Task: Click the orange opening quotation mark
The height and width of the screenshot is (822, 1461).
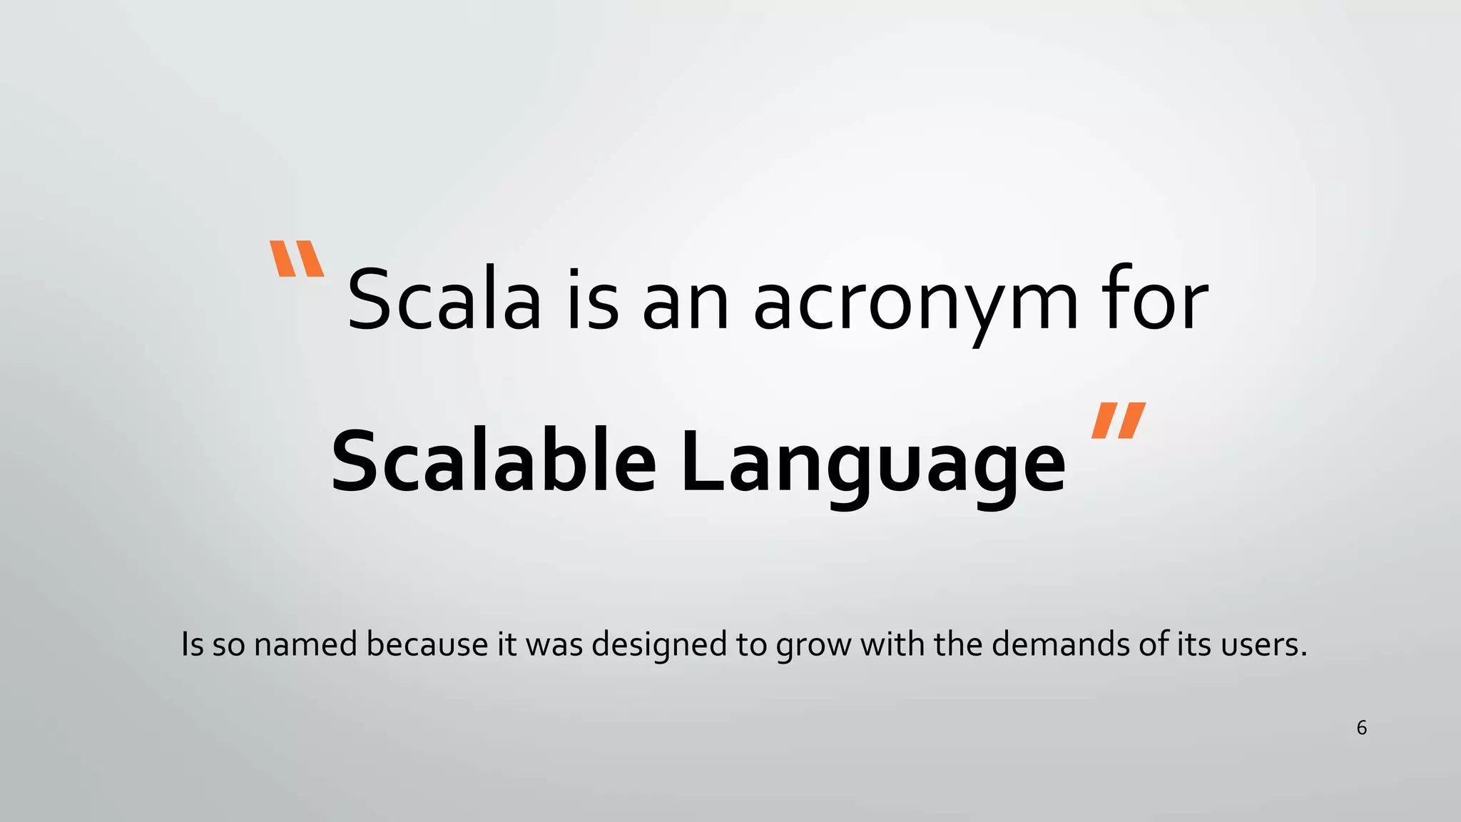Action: (297, 258)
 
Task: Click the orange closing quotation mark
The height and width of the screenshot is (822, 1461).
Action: (1118, 420)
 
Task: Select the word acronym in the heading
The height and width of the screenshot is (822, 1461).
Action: (916, 303)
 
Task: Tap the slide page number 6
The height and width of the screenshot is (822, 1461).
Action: (1361, 728)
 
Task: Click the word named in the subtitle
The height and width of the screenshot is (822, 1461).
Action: (305, 644)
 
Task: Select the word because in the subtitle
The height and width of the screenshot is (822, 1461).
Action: (427, 644)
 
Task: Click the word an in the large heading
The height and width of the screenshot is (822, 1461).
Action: (686, 303)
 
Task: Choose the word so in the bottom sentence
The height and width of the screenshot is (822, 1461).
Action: (229, 645)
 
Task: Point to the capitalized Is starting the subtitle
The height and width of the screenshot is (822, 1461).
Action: (193, 644)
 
